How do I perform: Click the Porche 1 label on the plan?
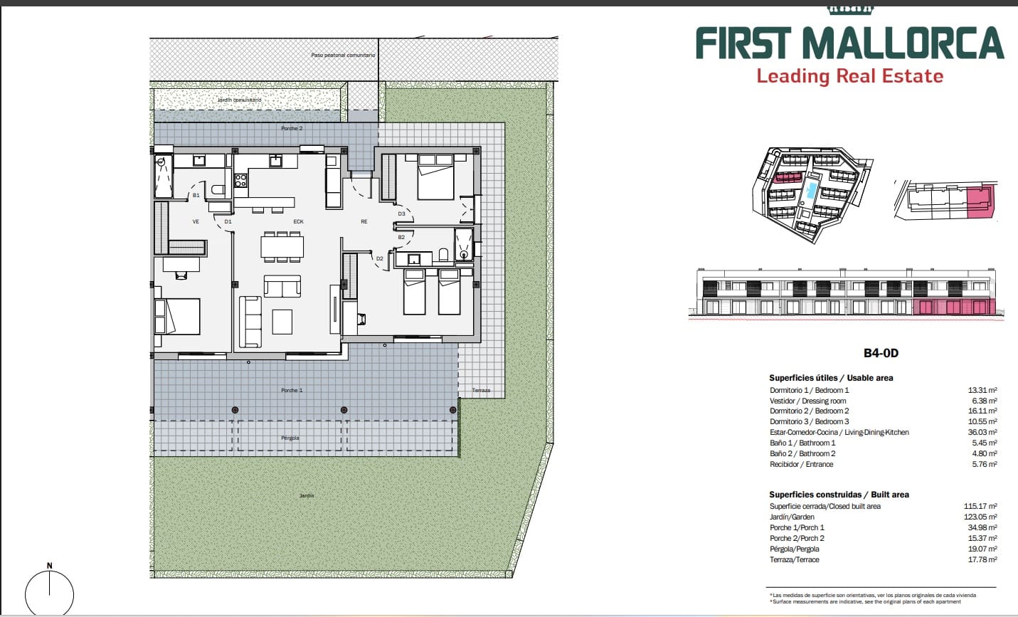pos(291,390)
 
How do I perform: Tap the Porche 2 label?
pos(291,129)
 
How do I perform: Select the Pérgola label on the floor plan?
pos(290,438)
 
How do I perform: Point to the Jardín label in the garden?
pos(307,495)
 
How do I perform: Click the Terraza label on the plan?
pos(481,391)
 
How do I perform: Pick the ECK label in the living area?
pos(298,221)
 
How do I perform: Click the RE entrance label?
pos(364,221)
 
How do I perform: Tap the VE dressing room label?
pos(196,221)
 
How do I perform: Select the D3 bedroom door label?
pos(401,213)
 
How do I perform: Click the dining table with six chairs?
pos(282,246)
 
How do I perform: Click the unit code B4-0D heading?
pos(881,353)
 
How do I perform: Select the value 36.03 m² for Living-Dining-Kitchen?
pos(982,432)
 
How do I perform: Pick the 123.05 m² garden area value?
pos(980,517)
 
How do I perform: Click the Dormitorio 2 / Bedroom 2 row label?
pos(809,411)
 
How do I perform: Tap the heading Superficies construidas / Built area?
pos(839,495)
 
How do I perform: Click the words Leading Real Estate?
pos(849,76)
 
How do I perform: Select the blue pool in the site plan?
pos(811,190)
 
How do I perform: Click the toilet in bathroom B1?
pos(218,190)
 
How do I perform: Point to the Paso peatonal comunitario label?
pos(343,55)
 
